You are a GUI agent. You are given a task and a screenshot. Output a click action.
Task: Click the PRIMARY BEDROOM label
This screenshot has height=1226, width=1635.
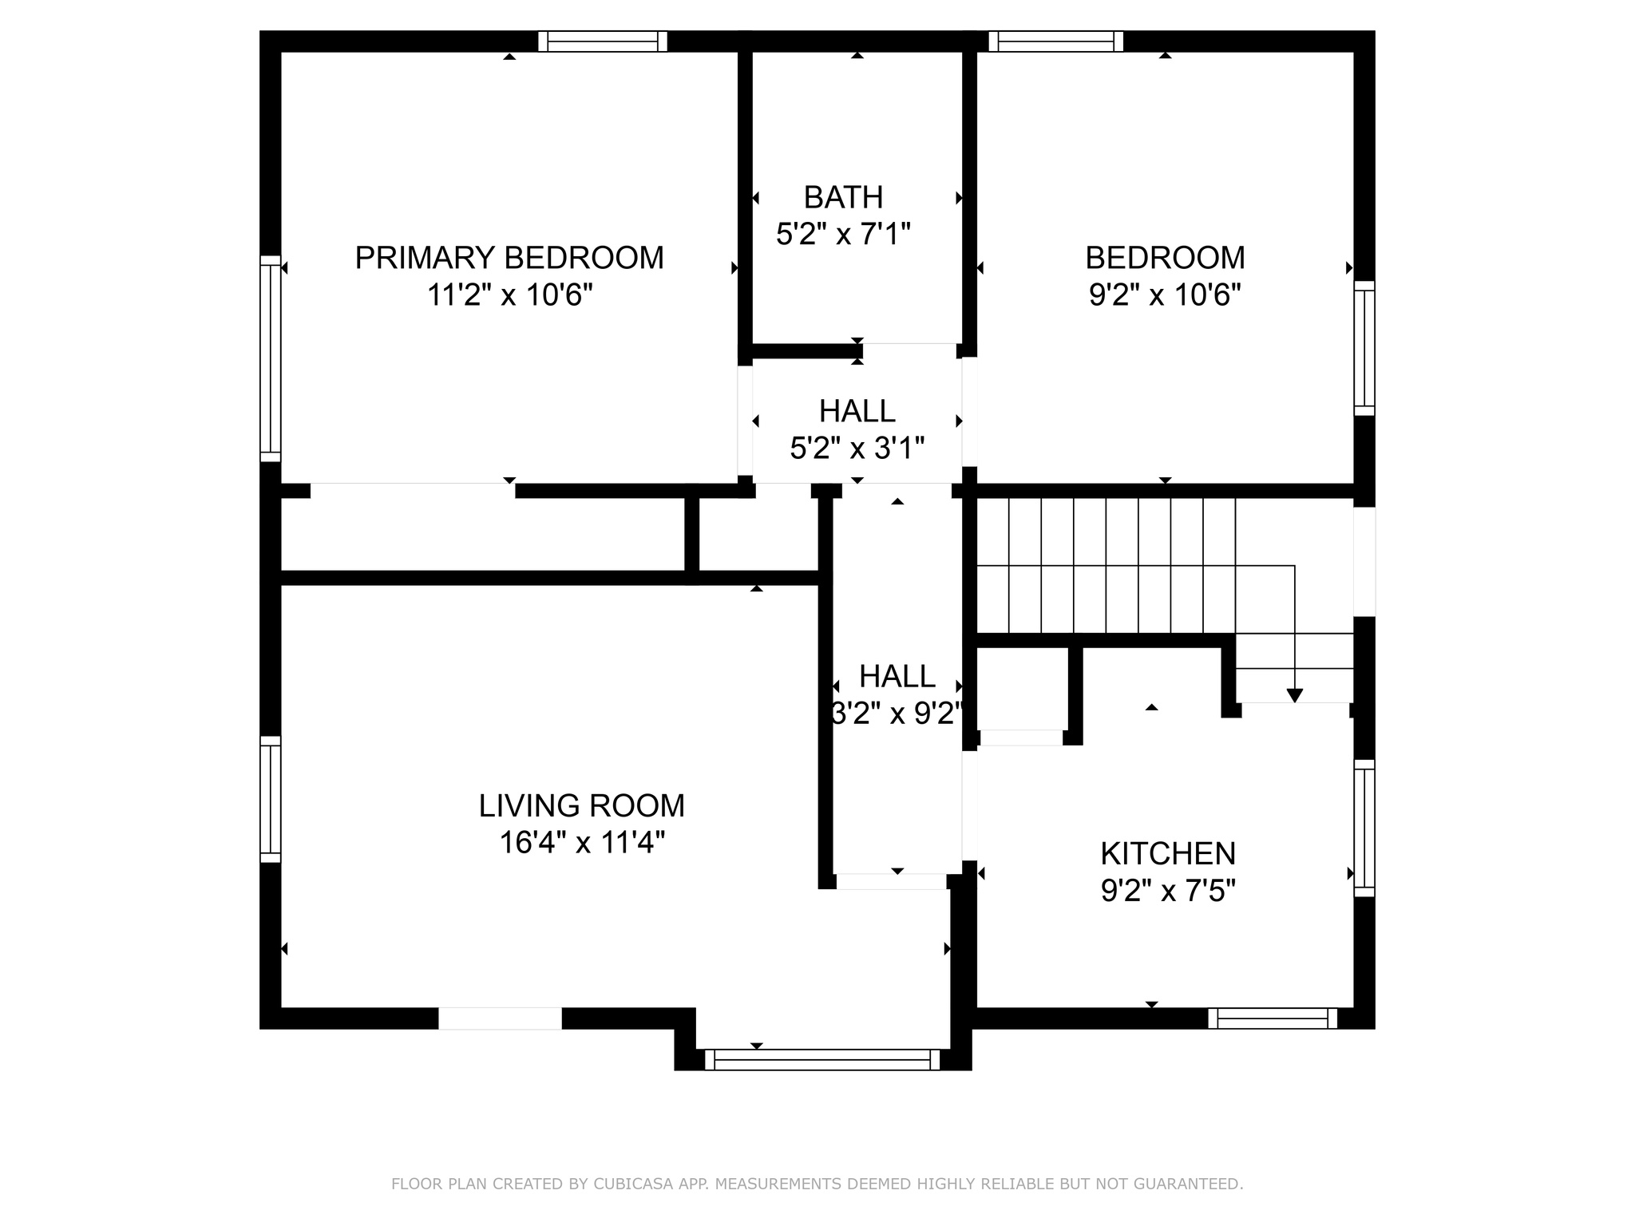(x=509, y=258)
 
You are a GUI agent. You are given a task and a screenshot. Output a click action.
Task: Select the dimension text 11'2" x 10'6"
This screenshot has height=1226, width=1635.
(x=509, y=295)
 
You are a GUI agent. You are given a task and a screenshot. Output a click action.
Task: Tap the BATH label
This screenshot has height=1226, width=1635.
(x=843, y=197)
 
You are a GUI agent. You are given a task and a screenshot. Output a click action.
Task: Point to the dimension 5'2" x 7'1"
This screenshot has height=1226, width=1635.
(x=843, y=234)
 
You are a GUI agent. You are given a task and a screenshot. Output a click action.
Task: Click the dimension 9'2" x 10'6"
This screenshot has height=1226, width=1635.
(x=1165, y=295)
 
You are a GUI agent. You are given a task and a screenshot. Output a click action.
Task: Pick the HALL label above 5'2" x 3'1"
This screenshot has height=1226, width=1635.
(x=857, y=411)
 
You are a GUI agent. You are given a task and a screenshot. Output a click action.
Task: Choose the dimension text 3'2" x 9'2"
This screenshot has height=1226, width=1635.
(x=897, y=713)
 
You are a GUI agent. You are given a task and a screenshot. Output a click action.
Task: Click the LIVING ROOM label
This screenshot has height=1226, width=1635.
(x=581, y=805)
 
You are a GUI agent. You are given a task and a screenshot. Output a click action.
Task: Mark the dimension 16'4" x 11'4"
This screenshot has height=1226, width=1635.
(x=581, y=842)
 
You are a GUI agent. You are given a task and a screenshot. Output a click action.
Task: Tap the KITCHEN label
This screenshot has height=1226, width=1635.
(x=1167, y=853)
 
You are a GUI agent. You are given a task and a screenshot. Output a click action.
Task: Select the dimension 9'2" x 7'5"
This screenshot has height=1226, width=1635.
(x=1167, y=890)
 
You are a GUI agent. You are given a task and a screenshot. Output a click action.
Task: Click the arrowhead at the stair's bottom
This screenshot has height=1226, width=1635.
(x=1295, y=695)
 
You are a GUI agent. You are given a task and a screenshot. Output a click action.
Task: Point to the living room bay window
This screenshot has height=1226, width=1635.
(x=822, y=1059)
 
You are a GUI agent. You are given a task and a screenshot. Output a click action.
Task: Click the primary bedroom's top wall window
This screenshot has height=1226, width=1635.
(x=603, y=42)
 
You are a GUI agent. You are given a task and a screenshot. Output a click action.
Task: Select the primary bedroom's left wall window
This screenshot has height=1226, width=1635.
(x=271, y=358)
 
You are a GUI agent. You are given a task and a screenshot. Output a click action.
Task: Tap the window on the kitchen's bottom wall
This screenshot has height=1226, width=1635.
(x=1273, y=1018)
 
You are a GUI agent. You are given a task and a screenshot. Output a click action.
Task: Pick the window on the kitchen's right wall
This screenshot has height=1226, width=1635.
(x=1364, y=828)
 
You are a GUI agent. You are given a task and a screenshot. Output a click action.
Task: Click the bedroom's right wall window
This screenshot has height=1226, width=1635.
(x=1364, y=348)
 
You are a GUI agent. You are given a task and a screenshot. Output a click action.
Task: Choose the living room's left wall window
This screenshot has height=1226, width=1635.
(x=271, y=799)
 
